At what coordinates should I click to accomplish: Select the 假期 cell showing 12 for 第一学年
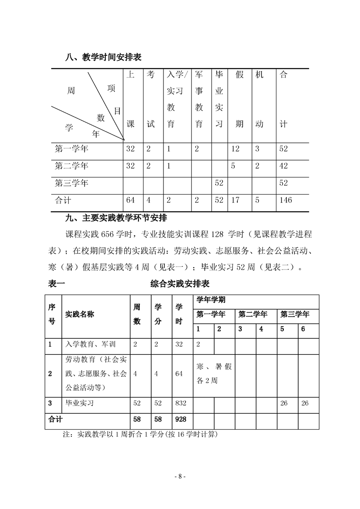(x=235, y=148)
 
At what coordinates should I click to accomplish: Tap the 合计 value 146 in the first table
(x=286, y=200)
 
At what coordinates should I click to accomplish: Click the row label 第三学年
(x=71, y=183)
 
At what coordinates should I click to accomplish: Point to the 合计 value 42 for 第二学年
(x=283, y=166)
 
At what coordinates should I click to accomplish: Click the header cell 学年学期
(x=211, y=300)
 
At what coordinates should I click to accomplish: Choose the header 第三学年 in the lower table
(x=295, y=314)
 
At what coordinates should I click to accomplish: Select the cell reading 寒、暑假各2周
(x=214, y=373)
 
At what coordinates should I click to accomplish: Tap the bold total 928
(x=180, y=420)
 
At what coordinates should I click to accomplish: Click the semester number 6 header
(x=303, y=329)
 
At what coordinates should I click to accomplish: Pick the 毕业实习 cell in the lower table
(x=80, y=403)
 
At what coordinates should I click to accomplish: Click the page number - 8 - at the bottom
(x=180, y=476)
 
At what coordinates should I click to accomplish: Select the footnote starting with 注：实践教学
(x=141, y=434)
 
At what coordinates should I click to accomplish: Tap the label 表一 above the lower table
(x=56, y=284)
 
